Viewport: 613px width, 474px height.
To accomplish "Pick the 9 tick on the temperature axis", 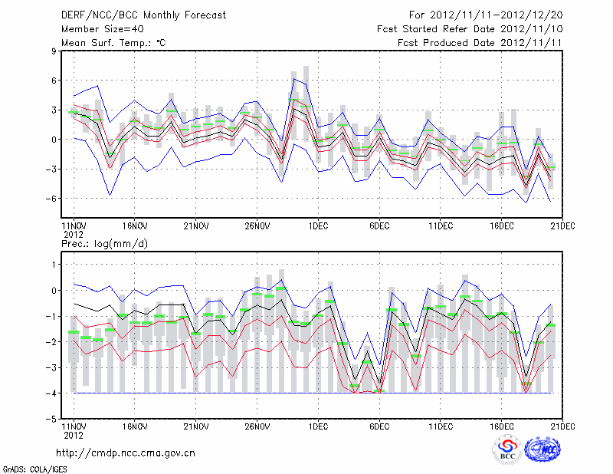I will (54, 51).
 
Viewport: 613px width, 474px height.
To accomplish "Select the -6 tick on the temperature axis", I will (51, 199).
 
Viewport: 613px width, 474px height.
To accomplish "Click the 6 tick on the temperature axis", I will (54, 81).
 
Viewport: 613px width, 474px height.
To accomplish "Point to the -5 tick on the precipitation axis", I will (51, 420).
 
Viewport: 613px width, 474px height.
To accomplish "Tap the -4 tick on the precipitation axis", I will (51, 393).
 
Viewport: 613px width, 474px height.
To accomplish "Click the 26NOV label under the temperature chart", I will (257, 226).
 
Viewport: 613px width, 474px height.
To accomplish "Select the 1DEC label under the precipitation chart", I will (318, 426).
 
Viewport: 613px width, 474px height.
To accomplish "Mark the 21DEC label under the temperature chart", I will (563, 226).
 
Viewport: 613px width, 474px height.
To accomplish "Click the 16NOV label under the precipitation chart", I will (134, 426).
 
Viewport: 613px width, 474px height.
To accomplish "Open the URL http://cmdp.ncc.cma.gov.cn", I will (126, 453).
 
